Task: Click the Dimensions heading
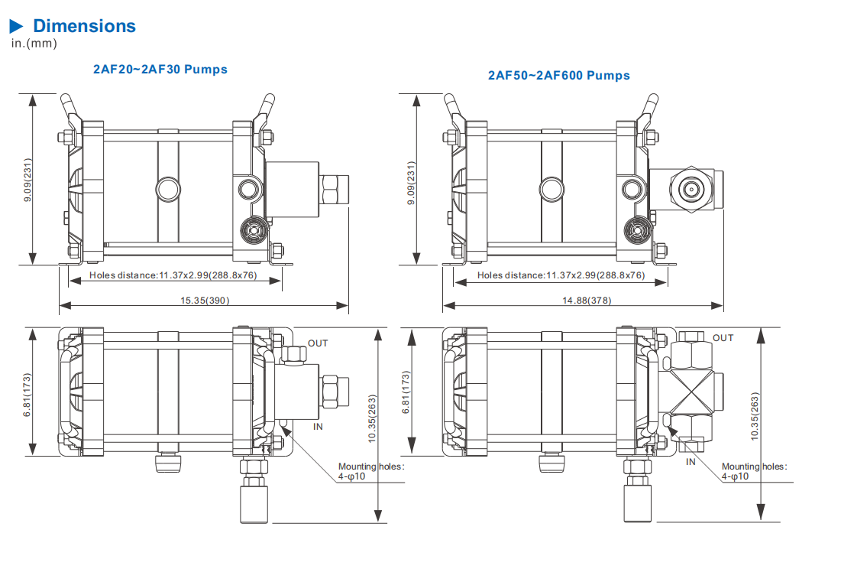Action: coord(84,26)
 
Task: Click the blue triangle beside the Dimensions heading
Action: coord(17,27)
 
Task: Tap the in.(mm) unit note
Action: coord(34,44)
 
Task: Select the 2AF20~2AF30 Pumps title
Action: coord(160,70)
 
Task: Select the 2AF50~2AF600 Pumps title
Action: coord(559,76)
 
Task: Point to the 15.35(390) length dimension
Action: coord(205,301)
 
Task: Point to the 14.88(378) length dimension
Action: coord(587,301)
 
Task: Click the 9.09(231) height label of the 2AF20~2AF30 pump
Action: coord(28,180)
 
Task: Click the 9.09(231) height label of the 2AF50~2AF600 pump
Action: coord(410,180)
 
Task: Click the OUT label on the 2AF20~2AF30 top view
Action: coord(318,343)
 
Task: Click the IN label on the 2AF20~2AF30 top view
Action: coord(319,427)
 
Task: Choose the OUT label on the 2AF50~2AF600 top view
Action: coord(723,338)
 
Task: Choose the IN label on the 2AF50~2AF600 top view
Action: coord(691,461)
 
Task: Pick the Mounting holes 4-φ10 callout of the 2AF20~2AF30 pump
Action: coord(370,471)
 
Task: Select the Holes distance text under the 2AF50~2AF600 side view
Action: coord(561,275)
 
